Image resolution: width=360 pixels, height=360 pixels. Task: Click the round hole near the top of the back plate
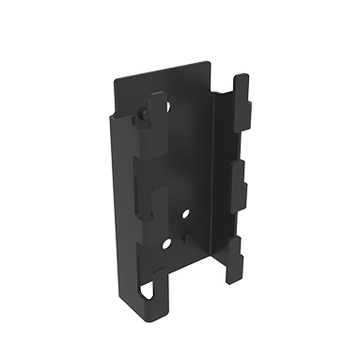pyautogui.click(x=168, y=105)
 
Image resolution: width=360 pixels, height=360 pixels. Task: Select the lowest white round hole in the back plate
pyautogui.click(x=166, y=243)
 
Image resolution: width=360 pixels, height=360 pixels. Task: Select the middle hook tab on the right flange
pyautogui.click(x=241, y=175)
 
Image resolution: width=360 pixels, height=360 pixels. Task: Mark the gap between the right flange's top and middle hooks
pyautogui.click(x=237, y=136)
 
